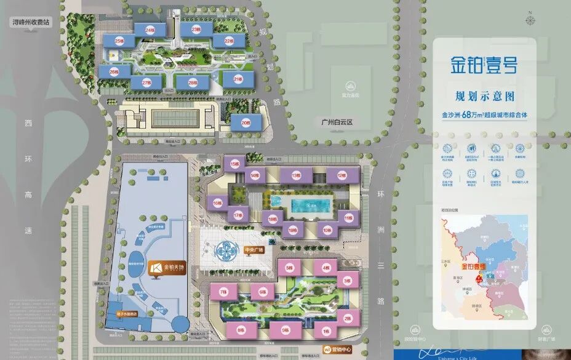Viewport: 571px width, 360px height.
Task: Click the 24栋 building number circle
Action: [x=150, y=30]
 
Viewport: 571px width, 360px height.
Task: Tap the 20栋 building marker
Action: [x=246, y=122]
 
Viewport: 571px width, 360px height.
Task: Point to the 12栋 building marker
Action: [x=342, y=176]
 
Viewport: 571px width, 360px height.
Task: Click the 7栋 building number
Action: [x=223, y=292]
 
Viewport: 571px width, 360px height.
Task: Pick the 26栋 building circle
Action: [x=114, y=71]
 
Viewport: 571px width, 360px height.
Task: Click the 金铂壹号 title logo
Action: [x=483, y=65]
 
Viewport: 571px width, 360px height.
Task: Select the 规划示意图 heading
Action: [x=484, y=97]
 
